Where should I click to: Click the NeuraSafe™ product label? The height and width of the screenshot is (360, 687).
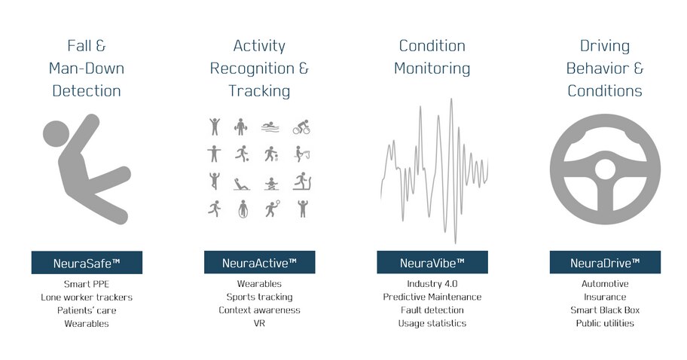[87, 263]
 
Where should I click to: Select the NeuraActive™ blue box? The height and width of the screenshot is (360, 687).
[259, 263]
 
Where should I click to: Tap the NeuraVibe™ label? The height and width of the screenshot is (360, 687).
[432, 263]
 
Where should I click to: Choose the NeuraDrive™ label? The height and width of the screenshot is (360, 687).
[604, 263]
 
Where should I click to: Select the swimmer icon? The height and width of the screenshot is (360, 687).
[270, 127]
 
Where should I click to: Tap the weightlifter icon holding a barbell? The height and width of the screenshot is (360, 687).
[240, 126]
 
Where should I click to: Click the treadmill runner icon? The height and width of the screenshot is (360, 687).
[301, 182]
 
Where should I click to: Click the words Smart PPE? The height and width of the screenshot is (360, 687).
[87, 284]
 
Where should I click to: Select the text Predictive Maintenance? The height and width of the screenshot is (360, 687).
[432, 297]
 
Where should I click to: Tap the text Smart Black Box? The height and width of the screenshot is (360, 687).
[604, 310]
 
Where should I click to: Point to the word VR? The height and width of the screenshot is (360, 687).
[259, 323]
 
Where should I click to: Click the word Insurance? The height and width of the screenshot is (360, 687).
[604, 297]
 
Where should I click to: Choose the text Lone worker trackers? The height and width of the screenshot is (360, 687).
[87, 297]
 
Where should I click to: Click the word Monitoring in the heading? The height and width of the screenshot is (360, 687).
[432, 69]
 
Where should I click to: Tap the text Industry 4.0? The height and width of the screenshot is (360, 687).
[432, 284]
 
